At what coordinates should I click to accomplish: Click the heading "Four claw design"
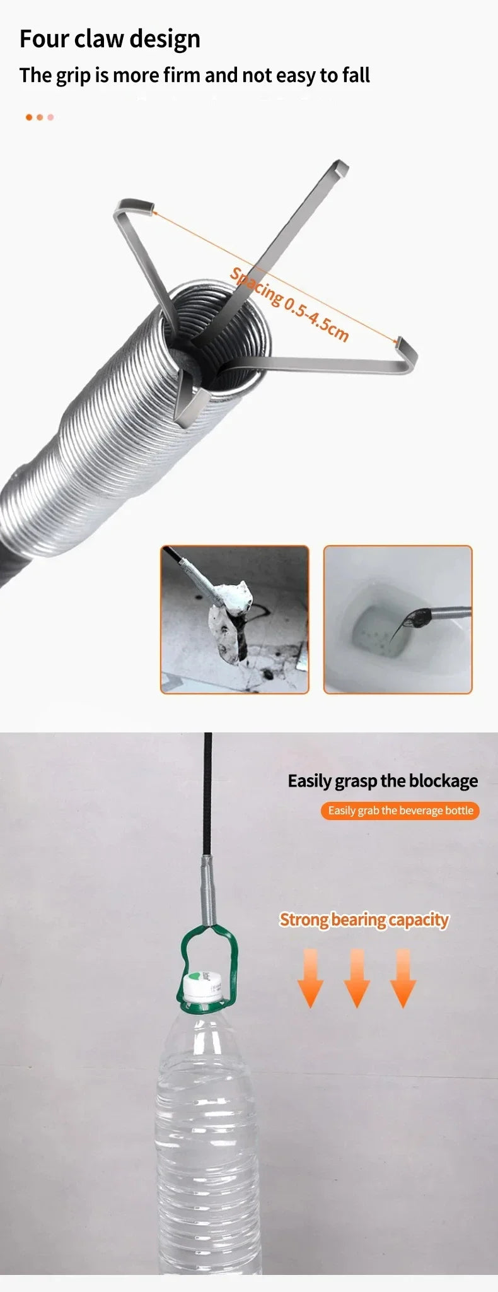[x=110, y=39]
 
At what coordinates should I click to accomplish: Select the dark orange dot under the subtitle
[x=29, y=117]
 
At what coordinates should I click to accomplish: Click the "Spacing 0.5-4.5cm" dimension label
[x=289, y=304]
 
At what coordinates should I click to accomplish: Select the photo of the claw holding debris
[x=235, y=620]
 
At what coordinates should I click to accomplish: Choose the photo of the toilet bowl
[x=398, y=620]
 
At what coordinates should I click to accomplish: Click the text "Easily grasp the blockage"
[x=383, y=781]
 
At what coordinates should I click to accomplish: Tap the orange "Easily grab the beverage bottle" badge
[x=400, y=811]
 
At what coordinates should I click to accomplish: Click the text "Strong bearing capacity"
[x=364, y=920]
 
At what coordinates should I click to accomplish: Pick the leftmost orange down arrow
[x=310, y=978]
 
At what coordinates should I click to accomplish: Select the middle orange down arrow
[x=357, y=978]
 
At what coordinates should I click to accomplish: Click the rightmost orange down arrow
[x=403, y=978]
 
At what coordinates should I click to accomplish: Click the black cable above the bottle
[x=208, y=795]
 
